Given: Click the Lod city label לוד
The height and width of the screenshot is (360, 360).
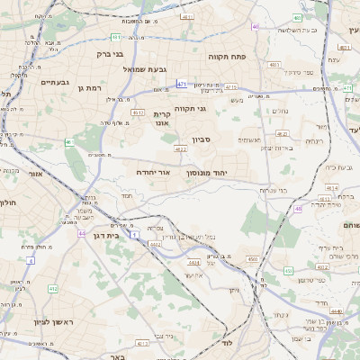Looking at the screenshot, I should tap(227, 345).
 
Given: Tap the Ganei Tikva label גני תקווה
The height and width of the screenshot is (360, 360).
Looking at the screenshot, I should tap(190, 109).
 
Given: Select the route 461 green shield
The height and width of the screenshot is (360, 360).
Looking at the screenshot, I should tap(115, 37).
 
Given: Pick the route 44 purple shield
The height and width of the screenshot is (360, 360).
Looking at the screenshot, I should tap(82, 233).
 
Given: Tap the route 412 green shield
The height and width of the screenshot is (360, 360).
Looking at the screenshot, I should tap(53, 288).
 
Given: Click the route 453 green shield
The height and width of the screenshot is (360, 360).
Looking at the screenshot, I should tap(287, 270).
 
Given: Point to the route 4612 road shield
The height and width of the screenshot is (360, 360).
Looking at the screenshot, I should tap(138, 112).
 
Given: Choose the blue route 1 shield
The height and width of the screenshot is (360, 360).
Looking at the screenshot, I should tap(134, 234).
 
